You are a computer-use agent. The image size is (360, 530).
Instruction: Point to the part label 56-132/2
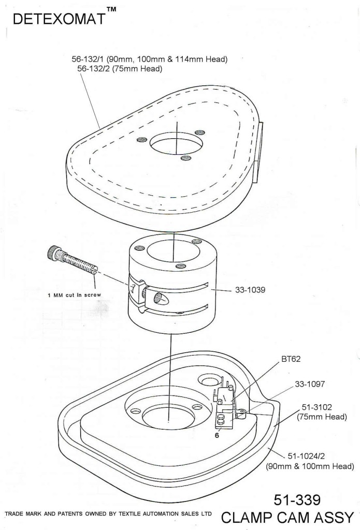(x=95, y=68)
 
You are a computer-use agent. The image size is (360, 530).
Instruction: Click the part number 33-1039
(x=250, y=290)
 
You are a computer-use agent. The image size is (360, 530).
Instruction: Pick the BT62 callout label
(x=291, y=358)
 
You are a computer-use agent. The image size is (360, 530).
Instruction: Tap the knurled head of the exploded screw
(x=53, y=254)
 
